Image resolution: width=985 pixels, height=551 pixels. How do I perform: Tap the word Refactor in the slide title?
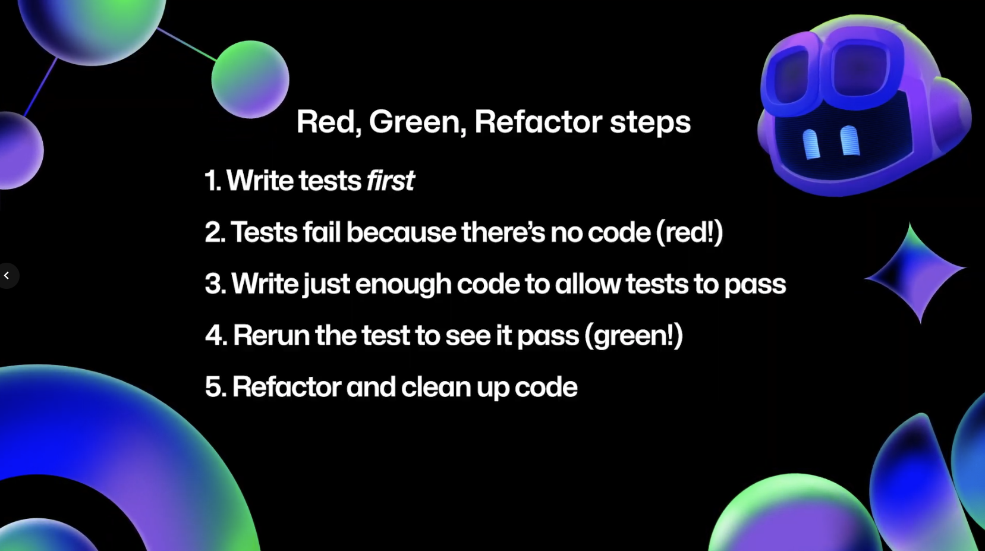coord(537,122)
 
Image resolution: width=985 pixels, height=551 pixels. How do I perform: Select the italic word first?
coord(390,181)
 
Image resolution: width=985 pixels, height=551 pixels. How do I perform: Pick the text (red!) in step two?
coord(690,232)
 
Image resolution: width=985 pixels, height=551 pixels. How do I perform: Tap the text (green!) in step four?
coord(634,336)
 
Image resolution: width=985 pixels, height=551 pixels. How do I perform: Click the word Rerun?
coord(271,336)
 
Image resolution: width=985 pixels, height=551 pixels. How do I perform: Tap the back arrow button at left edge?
coord(7,276)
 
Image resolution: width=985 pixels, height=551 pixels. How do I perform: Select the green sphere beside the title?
coord(250,79)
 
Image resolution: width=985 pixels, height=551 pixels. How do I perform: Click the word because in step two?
coord(401,232)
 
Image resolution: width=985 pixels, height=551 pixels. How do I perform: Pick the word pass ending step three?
coord(755,284)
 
